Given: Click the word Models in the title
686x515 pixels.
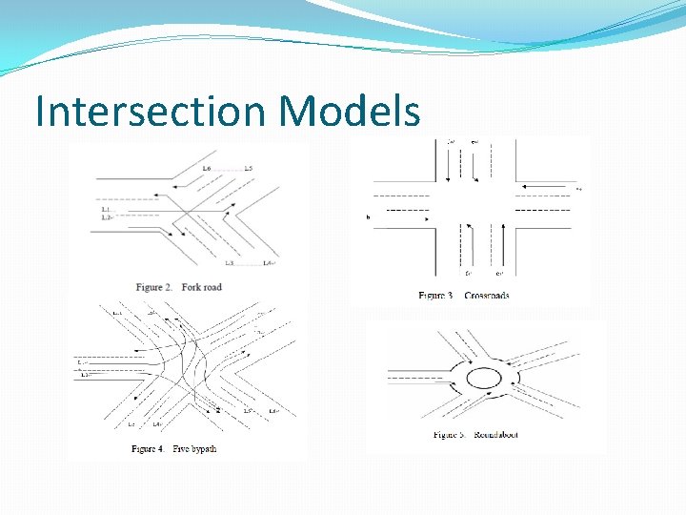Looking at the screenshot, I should click(349, 112).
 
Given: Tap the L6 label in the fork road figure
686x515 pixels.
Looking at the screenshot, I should click(207, 169).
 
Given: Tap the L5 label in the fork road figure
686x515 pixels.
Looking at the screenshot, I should click(247, 169).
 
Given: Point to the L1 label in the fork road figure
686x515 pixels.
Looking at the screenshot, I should click(106, 209).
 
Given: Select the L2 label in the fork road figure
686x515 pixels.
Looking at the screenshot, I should click(106, 217).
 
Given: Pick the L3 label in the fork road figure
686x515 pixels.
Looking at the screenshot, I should click(229, 263).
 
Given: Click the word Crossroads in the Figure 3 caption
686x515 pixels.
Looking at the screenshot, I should click(487, 296).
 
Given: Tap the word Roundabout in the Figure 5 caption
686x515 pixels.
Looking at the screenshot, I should click(495, 435).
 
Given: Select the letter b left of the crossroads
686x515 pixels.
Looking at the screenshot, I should click(368, 217).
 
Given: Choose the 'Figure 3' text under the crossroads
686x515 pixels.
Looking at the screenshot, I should click(436, 296).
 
